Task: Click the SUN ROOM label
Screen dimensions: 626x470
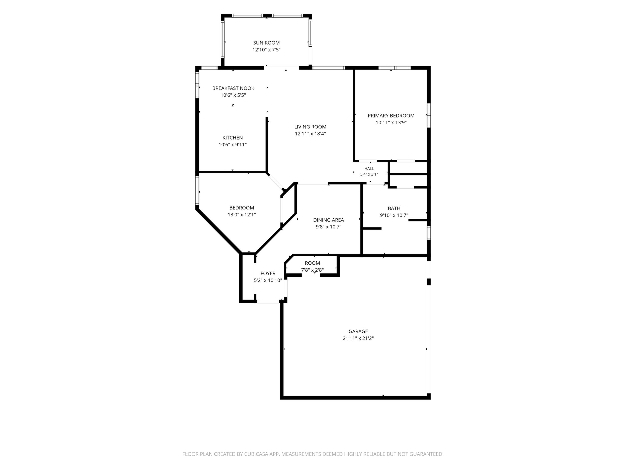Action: pos(266,43)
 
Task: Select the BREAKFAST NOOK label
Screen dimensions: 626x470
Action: pos(233,88)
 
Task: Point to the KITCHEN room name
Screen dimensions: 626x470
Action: pos(233,138)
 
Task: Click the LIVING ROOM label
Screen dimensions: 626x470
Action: pos(310,127)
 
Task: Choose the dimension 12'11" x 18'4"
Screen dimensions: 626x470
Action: pos(310,134)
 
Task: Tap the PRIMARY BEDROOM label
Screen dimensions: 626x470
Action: pos(391,115)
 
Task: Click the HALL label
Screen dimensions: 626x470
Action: pos(369,168)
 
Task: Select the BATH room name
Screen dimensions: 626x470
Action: pos(394,208)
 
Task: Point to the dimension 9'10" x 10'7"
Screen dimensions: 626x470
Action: pos(394,215)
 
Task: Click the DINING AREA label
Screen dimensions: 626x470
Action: pos(329,220)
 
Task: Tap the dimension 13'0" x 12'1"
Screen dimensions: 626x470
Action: pos(242,215)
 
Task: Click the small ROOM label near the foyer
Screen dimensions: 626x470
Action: pos(312,263)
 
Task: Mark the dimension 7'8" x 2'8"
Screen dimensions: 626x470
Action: pos(312,270)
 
